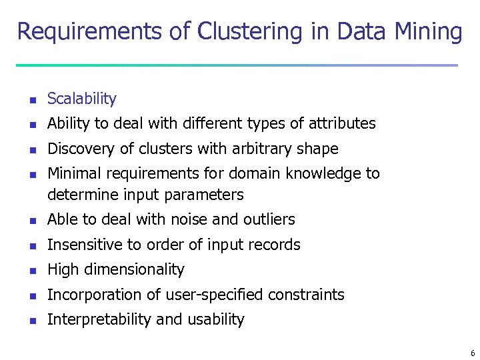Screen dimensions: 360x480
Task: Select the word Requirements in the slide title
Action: pyautogui.click(x=93, y=31)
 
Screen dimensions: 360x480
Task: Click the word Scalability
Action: pyautogui.click(x=82, y=99)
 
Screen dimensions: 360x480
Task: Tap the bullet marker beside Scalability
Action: pyautogui.click(x=29, y=101)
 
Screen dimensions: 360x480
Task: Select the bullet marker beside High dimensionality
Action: pyautogui.click(x=29, y=271)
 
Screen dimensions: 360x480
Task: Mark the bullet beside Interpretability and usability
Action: pyautogui.click(x=29, y=321)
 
